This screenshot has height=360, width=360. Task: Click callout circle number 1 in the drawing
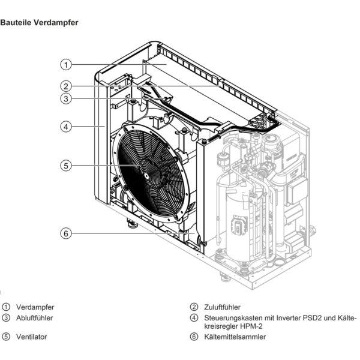(x=67, y=64)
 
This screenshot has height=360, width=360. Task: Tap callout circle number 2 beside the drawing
(x=67, y=86)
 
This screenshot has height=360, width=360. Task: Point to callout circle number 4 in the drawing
(x=67, y=127)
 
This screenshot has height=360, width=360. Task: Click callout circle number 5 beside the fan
(x=67, y=164)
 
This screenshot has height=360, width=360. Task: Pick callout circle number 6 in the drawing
(x=67, y=233)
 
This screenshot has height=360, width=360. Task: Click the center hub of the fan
(x=146, y=175)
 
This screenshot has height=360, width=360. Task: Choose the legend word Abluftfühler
(x=35, y=317)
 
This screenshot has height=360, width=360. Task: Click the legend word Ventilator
(x=32, y=337)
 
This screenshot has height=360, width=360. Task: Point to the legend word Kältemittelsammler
(x=235, y=337)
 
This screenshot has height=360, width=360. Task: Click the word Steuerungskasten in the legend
(x=229, y=317)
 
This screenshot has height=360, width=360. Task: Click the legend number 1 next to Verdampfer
(x=7, y=307)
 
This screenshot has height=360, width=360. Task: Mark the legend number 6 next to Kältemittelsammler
(x=194, y=337)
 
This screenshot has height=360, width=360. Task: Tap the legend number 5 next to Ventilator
(x=7, y=337)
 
